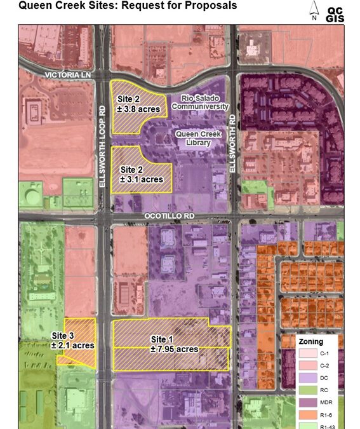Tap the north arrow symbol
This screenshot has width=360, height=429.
coord(314,11)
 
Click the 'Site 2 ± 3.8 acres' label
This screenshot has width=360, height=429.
coord(138,104)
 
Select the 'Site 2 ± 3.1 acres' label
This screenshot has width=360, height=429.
coord(141,175)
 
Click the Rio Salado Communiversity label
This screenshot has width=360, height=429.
coord(204,104)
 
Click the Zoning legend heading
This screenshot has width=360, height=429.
coord(311,341)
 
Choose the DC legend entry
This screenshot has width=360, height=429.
coord(317,378)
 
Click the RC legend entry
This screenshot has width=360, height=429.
coord(317,390)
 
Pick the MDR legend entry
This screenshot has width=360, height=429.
coord(317,403)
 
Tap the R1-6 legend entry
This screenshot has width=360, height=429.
coord(317,415)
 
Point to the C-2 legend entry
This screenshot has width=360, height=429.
coord(317,366)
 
